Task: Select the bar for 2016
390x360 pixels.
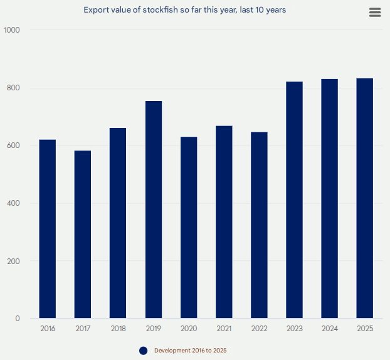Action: tap(48, 229)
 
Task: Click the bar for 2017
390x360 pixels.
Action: tap(83, 235)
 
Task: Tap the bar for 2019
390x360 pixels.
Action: tap(154, 209)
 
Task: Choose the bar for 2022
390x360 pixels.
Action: tap(259, 225)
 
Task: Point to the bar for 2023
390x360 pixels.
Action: tap(295, 200)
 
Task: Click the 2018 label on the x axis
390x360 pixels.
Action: tap(118, 329)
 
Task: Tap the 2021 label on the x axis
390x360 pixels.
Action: tap(224, 329)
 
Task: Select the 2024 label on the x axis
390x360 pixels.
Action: tap(330, 329)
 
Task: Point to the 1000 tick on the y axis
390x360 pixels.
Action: tap(12, 30)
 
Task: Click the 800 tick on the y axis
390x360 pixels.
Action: tap(14, 88)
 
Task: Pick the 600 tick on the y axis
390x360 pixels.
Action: tap(14, 146)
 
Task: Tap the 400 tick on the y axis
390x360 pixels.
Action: tap(14, 203)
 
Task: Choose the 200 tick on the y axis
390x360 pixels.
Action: tap(14, 261)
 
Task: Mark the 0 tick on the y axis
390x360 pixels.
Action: tap(18, 319)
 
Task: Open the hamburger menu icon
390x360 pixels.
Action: tap(375, 13)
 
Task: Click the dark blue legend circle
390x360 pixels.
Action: tap(143, 351)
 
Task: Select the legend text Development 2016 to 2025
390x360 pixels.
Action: tap(191, 351)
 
